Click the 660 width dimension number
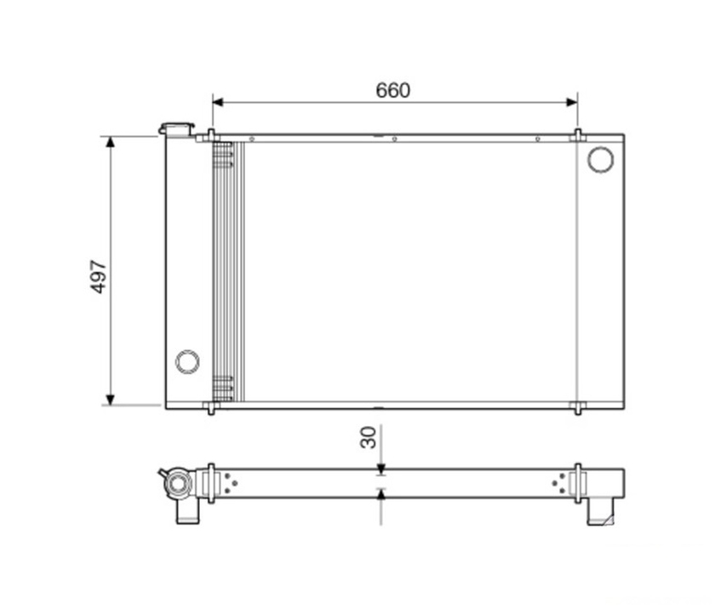pos(392,90)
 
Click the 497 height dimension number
pos(99,277)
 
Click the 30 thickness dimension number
pos(369,437)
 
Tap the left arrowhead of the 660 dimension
pos(218,102)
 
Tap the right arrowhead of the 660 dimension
pos(572,102)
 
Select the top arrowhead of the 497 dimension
pos(110,142)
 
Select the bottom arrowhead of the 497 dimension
pos(110,400)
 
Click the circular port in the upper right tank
pos(600,159)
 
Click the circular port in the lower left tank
pos(187,362)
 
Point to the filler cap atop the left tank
pos(176,128)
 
